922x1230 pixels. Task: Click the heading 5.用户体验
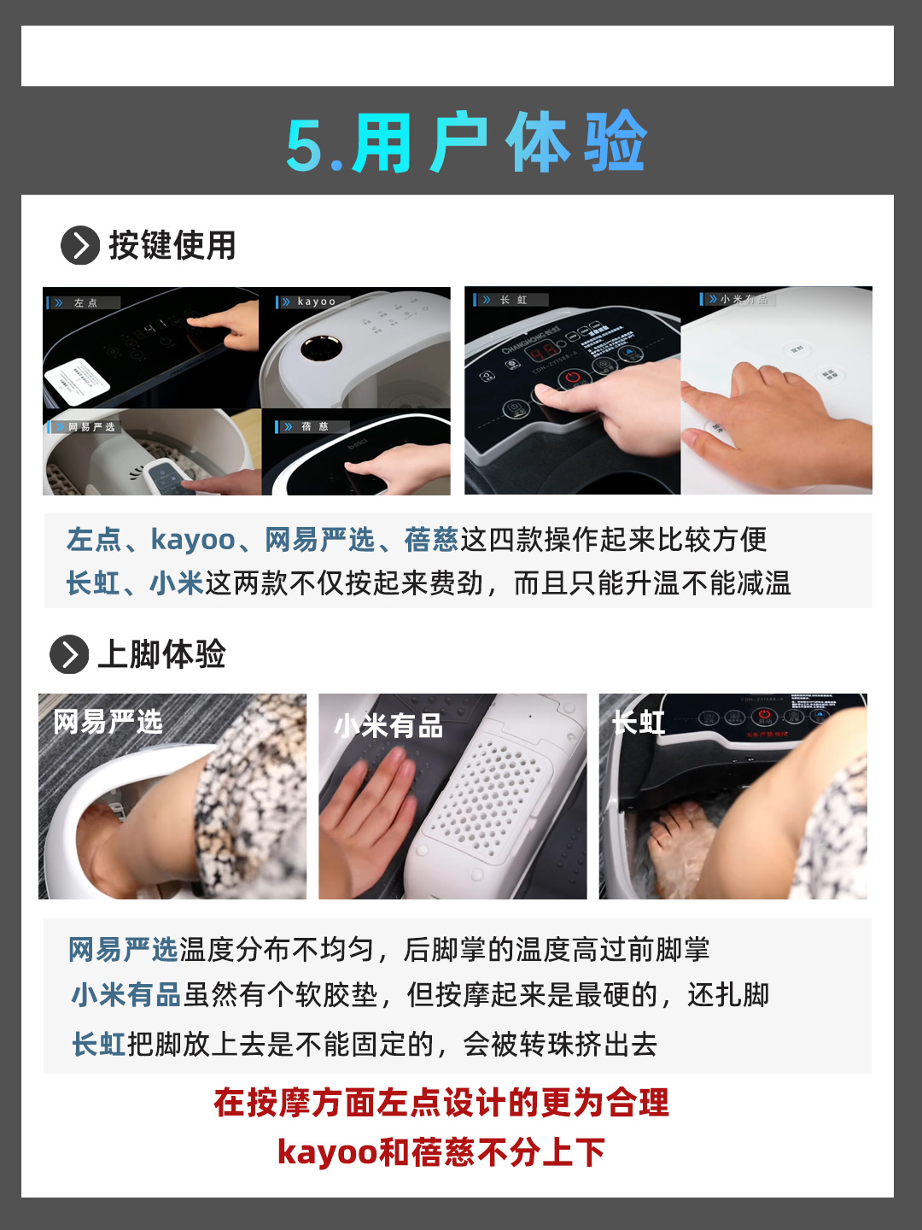click(x=466, y=143)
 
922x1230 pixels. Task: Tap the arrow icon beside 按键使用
click(x=80, y=246)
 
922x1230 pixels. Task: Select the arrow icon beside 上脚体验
click(x=69, y=655)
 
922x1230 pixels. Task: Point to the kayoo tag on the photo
click(x=314, y=302)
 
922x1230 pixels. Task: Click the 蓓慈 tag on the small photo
click(x=312, y=426)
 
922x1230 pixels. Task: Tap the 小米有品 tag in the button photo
click(x=739, y=299)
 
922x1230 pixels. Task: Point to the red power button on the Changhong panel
click(x=573, y=377)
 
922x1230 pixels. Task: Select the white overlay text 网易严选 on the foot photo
click(x=108, y=722)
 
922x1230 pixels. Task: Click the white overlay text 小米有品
click(x=388, y=726)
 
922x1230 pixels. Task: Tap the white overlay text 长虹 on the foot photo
click(x=639, y=723)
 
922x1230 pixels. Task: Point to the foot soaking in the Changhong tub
click(x=679, y=837)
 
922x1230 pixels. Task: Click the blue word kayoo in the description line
click(x=192, y=540)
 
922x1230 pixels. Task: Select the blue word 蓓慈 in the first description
click(x=431, y=540)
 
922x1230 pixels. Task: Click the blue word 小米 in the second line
click(x=176, y=583)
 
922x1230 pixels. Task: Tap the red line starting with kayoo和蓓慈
click(x=441, y=1152)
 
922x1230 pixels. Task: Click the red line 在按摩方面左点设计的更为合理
click(x=441, y=1103)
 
